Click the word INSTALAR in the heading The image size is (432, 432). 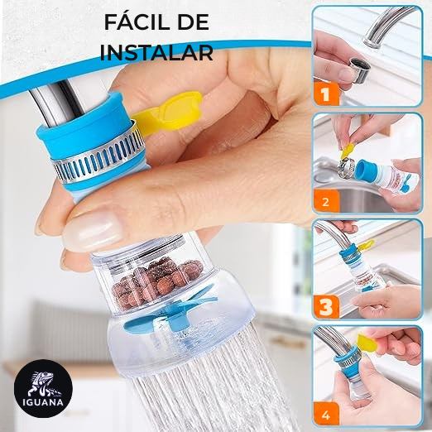pyautogui.click(x=156, y=52)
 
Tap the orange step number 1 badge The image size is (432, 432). pyautogui.click(x=326, y=94)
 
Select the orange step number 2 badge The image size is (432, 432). pyautogui.click(x=325, y=200)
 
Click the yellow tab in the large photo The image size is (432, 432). pyautogui.click(x=178, y=108)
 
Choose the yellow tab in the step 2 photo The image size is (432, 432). pyautogui.click(x=349, y=150)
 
